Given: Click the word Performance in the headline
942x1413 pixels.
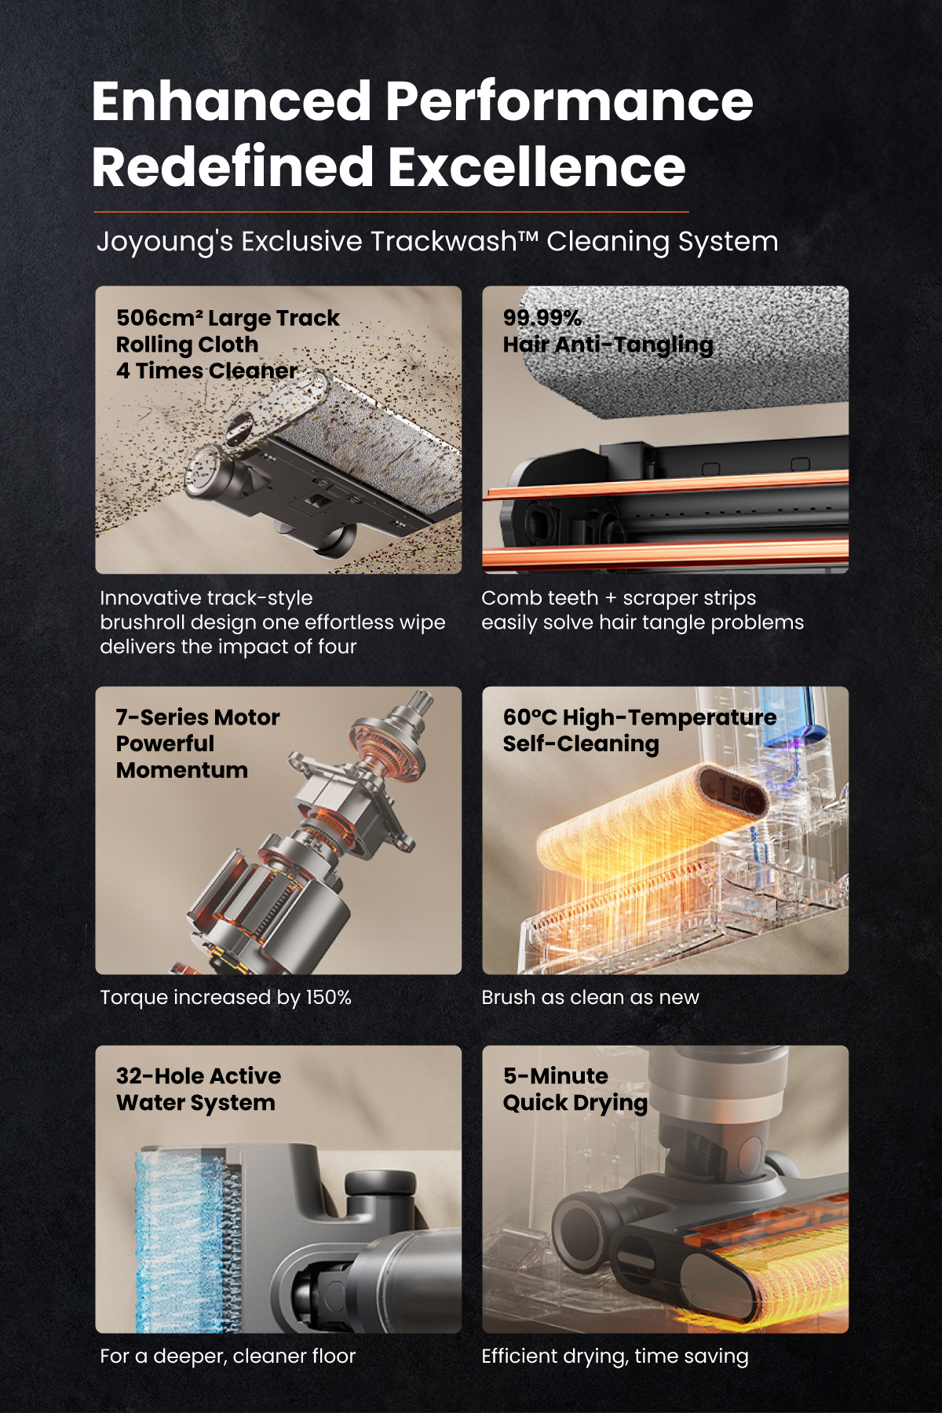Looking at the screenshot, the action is (569, 101).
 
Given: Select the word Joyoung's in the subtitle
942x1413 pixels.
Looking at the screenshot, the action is (165, 242).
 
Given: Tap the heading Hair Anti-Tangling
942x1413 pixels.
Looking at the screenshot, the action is (608, 345).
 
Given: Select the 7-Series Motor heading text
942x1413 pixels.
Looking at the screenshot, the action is (198, 717).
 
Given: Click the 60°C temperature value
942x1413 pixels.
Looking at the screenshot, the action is (530, 717).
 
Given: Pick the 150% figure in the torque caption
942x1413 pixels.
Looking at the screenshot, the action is (328, 997).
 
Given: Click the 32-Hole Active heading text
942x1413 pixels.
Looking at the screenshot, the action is (199, 1075).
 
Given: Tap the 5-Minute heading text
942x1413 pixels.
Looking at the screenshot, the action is (556, 1075).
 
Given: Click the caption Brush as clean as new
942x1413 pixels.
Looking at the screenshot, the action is (590, 997).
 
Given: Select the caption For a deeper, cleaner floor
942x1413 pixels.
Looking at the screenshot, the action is (228, 1356).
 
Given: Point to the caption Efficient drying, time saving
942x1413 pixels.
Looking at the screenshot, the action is (615, 1356).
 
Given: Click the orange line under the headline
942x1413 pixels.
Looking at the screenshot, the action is (391, 212).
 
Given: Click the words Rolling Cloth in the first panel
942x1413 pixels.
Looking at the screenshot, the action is (187, 345).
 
